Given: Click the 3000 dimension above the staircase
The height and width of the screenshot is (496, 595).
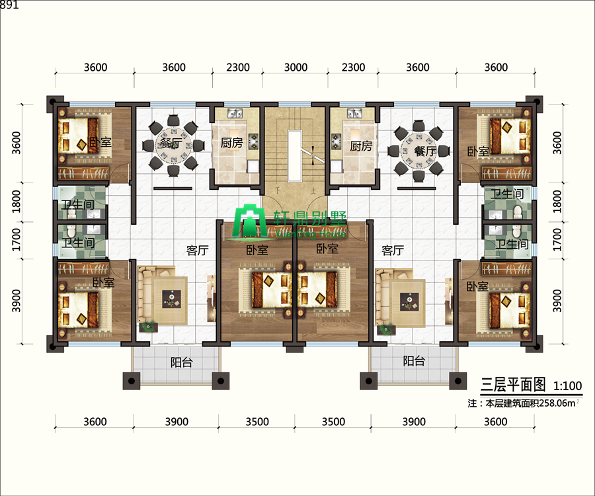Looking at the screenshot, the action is coord(296,67).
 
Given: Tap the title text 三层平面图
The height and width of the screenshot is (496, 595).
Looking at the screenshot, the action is coord(513,385).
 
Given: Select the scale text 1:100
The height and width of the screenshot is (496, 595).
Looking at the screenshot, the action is coord(568,386).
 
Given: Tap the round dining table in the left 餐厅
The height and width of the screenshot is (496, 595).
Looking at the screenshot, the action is coord(173,144).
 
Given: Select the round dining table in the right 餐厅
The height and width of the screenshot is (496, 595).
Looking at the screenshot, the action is coord(418,150).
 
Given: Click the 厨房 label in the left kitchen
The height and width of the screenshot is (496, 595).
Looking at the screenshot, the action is coord(231,143).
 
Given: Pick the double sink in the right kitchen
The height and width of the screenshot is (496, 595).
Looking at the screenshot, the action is coord(354,113).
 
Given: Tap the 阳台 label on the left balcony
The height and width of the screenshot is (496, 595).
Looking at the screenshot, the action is coord(181,362).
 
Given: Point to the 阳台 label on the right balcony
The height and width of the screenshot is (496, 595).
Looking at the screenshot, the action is coord(414,361).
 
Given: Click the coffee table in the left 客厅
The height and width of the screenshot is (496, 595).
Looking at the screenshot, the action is coord(172,300).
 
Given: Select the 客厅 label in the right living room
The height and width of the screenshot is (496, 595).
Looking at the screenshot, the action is coord(393,251).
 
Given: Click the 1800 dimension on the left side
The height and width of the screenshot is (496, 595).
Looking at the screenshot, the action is coord(17,201).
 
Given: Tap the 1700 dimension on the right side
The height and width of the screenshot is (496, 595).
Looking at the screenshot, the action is coord(557,239).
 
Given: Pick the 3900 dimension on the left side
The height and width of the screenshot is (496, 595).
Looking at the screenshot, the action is coord(17,300).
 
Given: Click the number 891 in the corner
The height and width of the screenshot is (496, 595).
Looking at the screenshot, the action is coord(9,5).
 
